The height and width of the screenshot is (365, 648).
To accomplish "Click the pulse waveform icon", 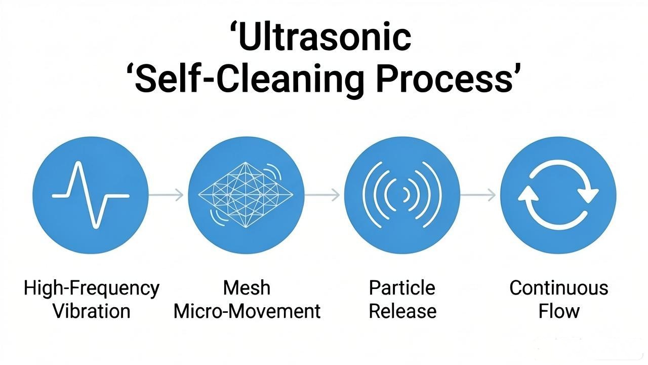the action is (x=91, y=195).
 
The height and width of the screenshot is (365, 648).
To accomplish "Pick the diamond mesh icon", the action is (x=246, y=195).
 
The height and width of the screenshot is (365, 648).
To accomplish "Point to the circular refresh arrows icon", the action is (x=558, y=195).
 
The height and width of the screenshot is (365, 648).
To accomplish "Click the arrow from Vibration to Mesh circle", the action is (x=166, y=195).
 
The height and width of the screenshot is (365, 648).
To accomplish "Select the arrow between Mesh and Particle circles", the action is (x=322, y=195).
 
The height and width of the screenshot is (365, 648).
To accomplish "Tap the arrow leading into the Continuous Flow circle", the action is (x=478, y=195).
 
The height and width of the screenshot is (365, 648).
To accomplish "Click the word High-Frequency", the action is (x=92, y=288).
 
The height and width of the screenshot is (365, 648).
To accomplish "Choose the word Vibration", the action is (x=92, y=311).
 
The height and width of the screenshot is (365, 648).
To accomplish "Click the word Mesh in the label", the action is (x=247, y=288).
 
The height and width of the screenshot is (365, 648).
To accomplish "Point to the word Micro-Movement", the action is (x=247, y=311).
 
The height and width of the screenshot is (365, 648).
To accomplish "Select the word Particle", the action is (x=402, y=288).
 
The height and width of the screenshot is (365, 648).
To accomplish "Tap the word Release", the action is (x=402, y=311).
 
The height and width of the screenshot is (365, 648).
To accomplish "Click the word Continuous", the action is (x=559, y=288).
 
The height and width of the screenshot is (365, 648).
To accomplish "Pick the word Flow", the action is (x=559, y=311).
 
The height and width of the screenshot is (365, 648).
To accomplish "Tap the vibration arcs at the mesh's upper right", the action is (x=274, y=171).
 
